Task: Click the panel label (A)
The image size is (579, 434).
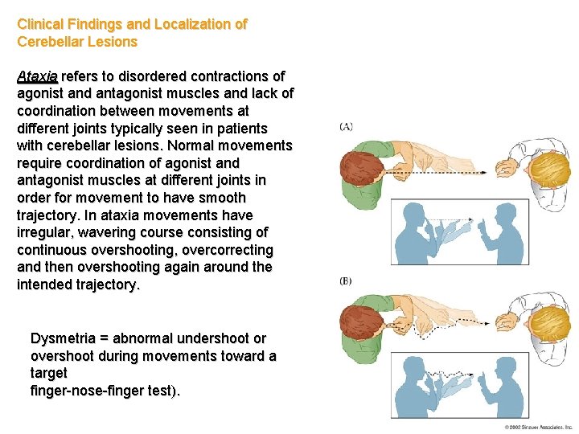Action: (x=347, y=126)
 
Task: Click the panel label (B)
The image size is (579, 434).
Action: (x=347, y=281)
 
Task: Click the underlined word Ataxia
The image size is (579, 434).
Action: (x=37, y=76)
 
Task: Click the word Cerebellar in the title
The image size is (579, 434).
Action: (x=51, y=42)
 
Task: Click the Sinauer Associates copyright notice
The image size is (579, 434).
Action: (x=538, y=427)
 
